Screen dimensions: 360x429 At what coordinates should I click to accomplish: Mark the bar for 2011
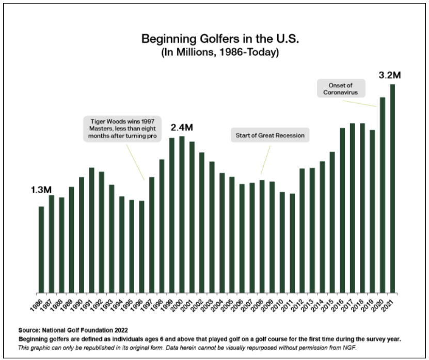pyautogui.click(x=292, y=243)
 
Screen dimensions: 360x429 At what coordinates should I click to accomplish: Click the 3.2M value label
pyautogui.click(x=390, y=75)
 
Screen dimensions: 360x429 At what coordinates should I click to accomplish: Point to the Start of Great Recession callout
pyautogui.click(x=270, y=136)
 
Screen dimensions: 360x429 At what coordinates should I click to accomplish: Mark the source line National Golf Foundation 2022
pyautogui.click(x=73, y=329)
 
